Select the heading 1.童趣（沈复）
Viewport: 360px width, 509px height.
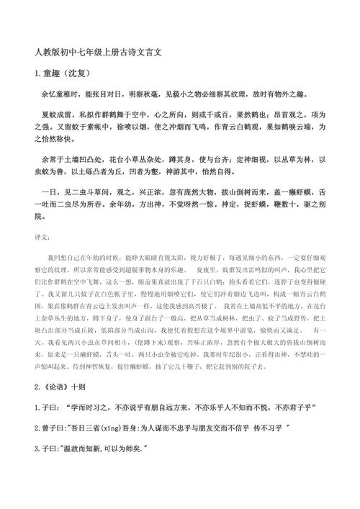[x=63, y=73]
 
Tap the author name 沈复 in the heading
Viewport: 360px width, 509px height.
[x=81, y=73]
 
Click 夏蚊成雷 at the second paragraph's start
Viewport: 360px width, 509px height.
[x=59, y=114]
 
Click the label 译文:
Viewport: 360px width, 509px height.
[x=43, y=237]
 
